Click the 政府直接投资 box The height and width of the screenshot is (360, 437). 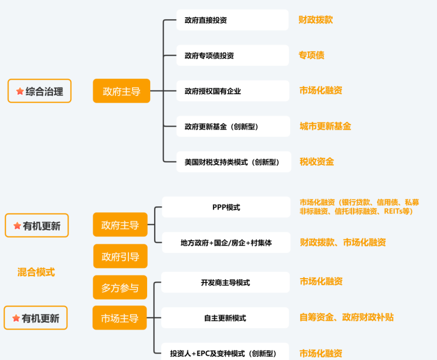pos(233,20)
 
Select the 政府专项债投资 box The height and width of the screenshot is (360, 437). pos(233,56)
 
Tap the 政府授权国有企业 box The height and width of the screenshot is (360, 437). pos(233,91)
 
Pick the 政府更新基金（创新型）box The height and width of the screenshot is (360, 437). pos(233,127)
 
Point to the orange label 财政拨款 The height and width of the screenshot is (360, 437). pos(316,20)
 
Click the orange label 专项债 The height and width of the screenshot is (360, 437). pos(311,55)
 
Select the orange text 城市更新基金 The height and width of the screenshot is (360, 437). pos(325,127)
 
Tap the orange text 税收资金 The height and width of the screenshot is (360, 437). pos(317,162)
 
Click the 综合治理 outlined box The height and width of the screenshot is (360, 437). pos(40,91)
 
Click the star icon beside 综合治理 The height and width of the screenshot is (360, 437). pos(20,91)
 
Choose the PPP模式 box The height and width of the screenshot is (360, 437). pos(226,207)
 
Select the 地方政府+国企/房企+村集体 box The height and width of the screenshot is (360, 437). pos(226,242)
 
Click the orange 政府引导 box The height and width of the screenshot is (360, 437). pos(120,257)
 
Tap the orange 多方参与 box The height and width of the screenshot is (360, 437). pos(120,288)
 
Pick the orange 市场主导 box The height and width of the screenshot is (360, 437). pos(120,318)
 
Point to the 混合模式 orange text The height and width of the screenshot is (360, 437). pos(36,272)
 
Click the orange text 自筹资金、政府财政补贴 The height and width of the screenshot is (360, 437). pos(346,317)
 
